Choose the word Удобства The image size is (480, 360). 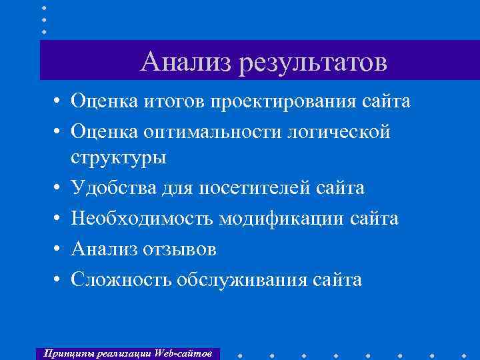pos(113,189)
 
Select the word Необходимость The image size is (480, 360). pos(146,219)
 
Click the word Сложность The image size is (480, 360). pos(121,279)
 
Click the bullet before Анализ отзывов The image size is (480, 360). pos(59,249)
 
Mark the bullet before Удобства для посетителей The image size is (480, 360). pos(59,189)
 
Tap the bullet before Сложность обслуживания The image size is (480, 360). pos(59,279)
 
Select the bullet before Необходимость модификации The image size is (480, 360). pos(59,219)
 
